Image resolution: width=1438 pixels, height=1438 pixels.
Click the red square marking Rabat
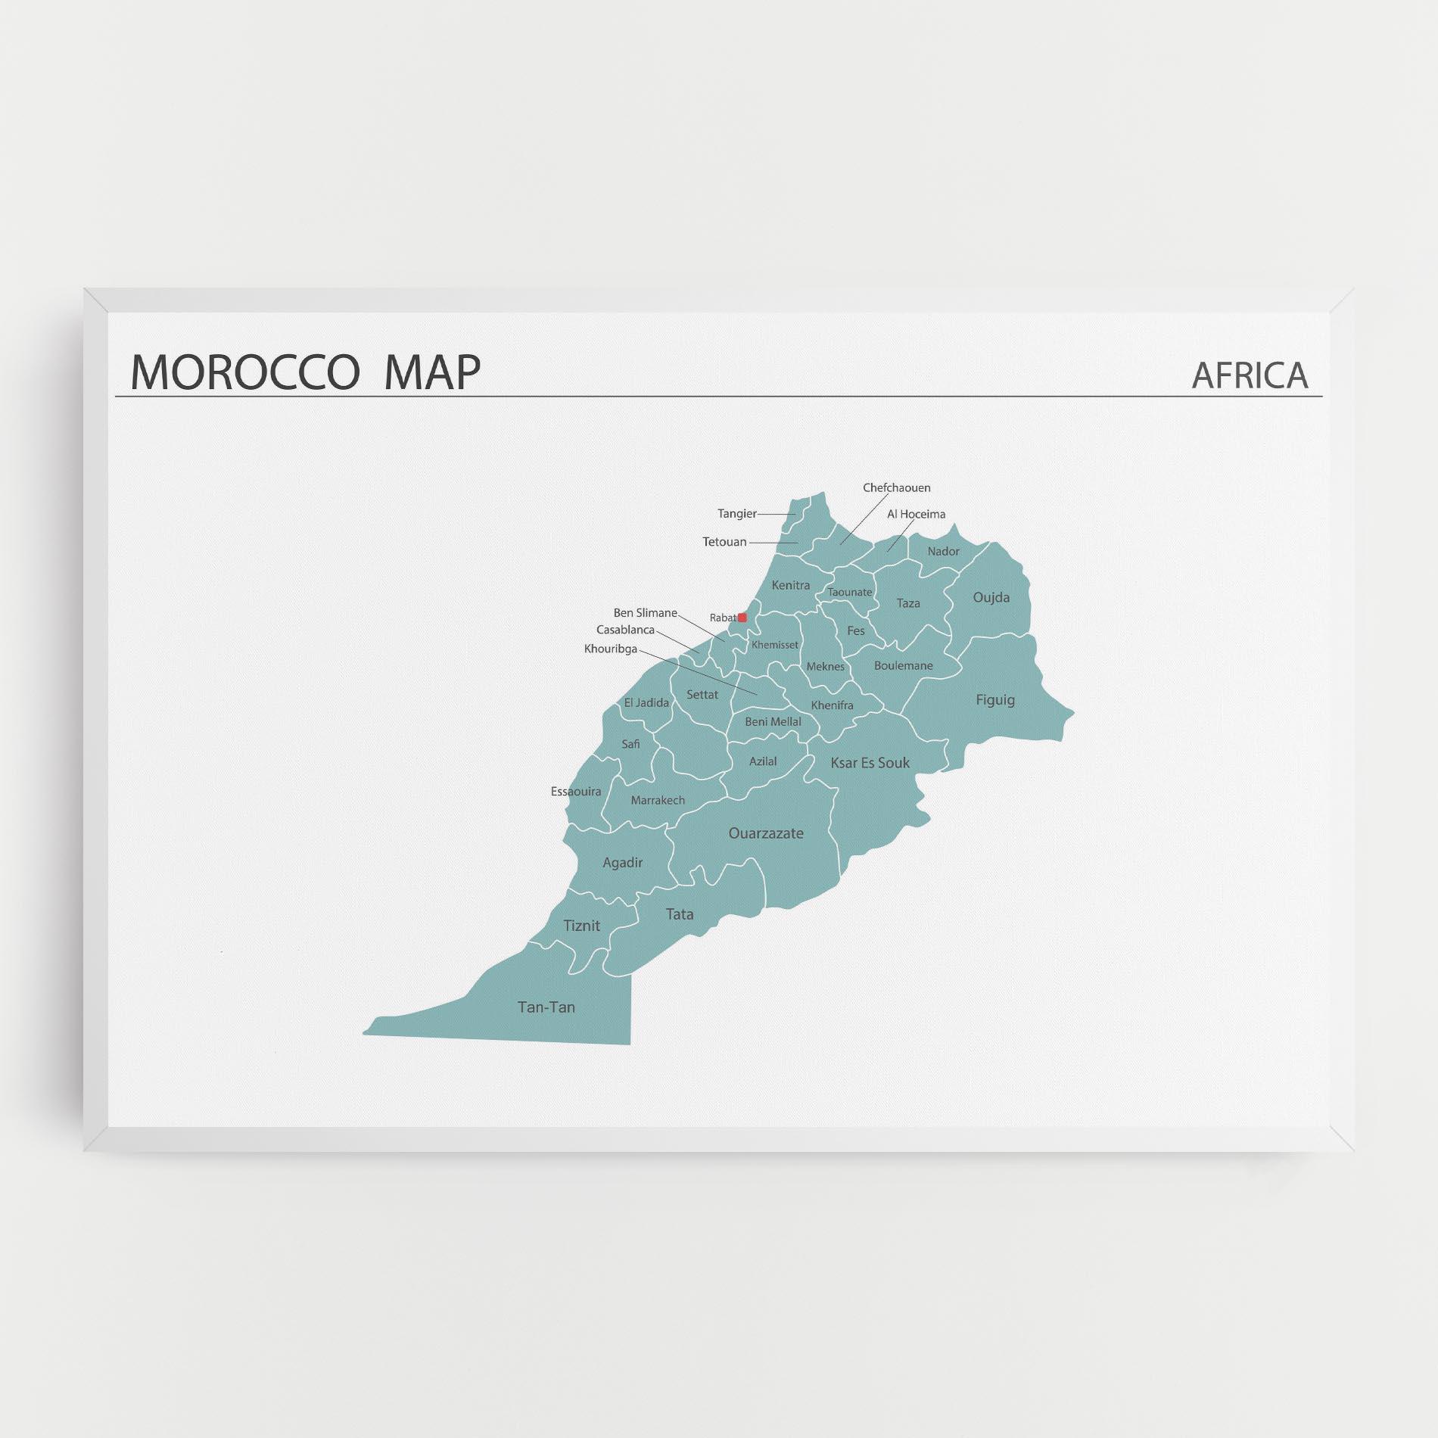point(742,618)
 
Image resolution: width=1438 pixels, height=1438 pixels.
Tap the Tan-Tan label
point(546,1007)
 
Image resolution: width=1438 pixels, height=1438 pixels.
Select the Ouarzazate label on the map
point(765,833)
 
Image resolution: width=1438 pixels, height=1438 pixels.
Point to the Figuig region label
point(994,700)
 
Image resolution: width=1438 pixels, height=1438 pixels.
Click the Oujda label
point(991,597)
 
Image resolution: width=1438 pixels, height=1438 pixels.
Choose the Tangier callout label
point(736,514)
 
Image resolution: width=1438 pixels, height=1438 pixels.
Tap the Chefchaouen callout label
point(896,488)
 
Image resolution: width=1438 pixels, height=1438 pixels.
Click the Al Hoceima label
point(916,515)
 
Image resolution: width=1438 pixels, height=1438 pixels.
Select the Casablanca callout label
point(625,630)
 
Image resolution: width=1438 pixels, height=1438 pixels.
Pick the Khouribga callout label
point(610,649)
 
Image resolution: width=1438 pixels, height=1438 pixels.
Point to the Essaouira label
point(576,792)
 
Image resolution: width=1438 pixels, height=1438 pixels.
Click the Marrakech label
point(658,800)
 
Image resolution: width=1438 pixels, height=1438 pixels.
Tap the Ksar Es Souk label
point(870,763)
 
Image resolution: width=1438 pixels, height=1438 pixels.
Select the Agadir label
point(622,863)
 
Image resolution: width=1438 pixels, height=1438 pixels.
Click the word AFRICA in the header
point(1249,375)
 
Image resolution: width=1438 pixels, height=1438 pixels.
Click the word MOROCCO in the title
point(244,372)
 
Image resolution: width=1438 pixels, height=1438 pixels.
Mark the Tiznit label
point(581,926)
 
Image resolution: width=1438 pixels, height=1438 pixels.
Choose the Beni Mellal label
point(773,722)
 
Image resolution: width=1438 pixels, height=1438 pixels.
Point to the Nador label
point(943,552)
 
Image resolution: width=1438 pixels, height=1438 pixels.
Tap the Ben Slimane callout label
point(645,613)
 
